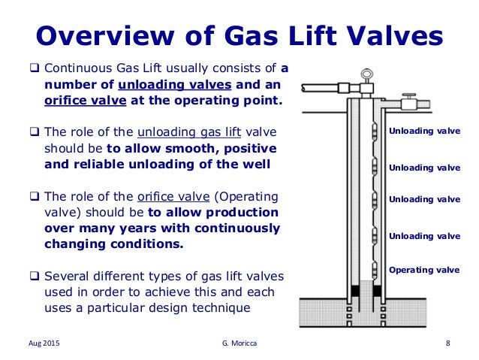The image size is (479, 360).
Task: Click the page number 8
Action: (447, 343)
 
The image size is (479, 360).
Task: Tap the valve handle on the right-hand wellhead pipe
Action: (409, 98)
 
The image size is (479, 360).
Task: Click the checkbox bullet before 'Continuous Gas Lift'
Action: (24, 69)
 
